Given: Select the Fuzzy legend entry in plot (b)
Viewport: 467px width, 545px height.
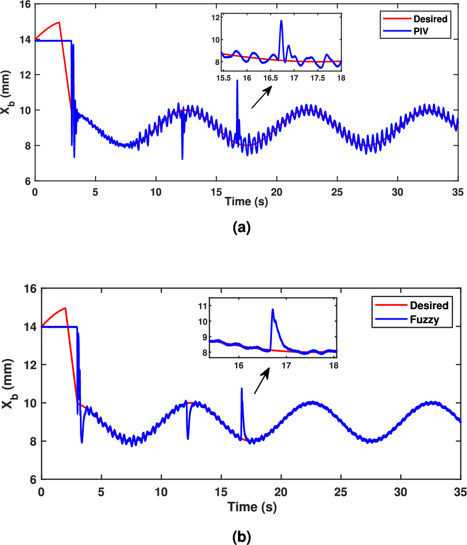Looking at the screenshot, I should point(428,320).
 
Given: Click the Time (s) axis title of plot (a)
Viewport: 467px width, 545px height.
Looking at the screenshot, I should point(246,201).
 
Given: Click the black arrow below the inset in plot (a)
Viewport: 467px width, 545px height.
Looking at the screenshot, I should point(262,97).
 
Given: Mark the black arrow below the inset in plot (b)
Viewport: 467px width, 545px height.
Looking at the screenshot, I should point(262,380).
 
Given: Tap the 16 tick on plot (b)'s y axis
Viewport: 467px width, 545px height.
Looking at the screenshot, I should point(30,288).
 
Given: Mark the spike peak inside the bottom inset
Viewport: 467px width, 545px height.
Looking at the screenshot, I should point(273,309).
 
